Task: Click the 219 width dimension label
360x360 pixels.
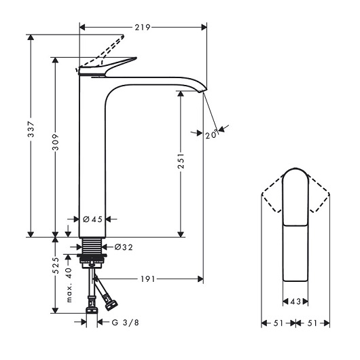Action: click(x=143, y=27)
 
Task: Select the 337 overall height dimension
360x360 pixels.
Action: click(x=31, y=129)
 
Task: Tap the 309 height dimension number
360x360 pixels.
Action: click(x=55, y=142)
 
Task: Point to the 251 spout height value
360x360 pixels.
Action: click(x=181, y=161)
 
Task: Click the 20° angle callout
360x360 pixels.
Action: click(x=211, y=134)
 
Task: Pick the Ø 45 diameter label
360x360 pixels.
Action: click(x=92, y=219)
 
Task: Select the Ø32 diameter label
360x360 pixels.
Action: click(x=124, y=247)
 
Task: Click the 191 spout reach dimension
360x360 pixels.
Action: click(x=148, y=279)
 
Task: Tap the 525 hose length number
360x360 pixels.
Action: click(x=55, y=266)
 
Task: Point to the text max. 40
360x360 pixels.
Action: click(x=69, y=285)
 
